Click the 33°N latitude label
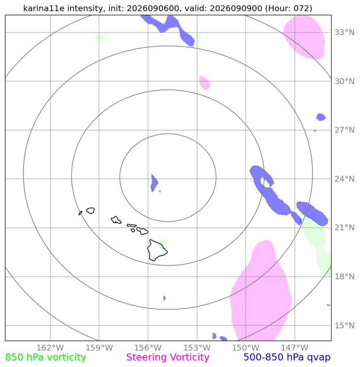[x=344, y=32]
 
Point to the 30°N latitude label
[x=344, y=81]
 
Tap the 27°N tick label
[x=344, y=130]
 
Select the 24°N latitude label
[x=344, y=179]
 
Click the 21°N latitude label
[x=344, y=227]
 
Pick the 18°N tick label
[x=344, y=276]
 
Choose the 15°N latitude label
[x=344, y=325]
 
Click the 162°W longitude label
[x=50, y=348]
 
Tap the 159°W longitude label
[x=99, y=348]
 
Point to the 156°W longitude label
[x=148, y=348]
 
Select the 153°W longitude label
[x=197, y=348]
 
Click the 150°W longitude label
[x=246, y=348]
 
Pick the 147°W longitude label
[x=294, y=348]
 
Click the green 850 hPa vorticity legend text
[x=45, y=358]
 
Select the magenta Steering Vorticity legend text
[x=167, y=358]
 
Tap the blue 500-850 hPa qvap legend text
[x=287, y=358]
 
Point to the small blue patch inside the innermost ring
[x=154, y=183]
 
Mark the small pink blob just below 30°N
[x=205, y=83]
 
